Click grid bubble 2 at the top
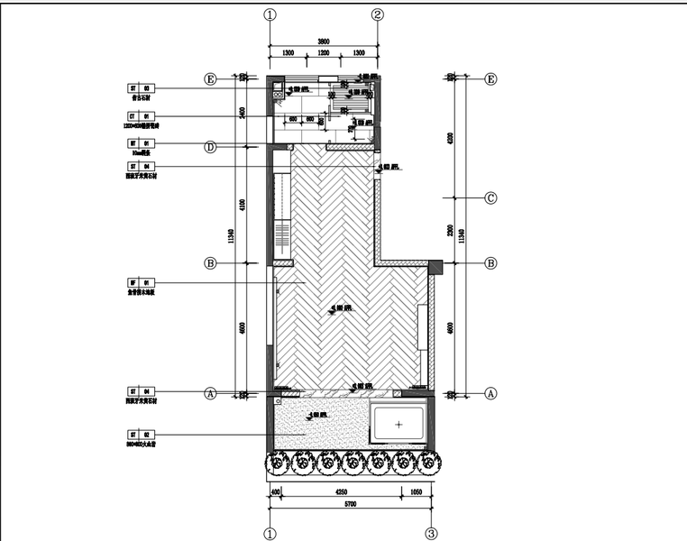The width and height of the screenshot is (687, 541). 378,14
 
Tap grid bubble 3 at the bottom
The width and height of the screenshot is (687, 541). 432,533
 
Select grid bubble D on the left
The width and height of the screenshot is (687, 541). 210,146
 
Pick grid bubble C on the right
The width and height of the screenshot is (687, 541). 490,198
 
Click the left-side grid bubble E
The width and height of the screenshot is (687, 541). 210,79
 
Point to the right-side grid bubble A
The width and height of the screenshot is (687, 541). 490,393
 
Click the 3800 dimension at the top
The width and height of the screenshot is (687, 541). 324,41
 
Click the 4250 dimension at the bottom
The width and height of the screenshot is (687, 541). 342,492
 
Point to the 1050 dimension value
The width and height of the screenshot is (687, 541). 416,492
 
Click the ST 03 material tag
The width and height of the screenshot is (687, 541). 142,88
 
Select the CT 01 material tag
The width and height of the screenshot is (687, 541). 142,116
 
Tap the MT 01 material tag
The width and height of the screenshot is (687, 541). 142,143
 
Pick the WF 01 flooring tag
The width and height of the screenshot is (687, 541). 142,282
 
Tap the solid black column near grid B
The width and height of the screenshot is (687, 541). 435,267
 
